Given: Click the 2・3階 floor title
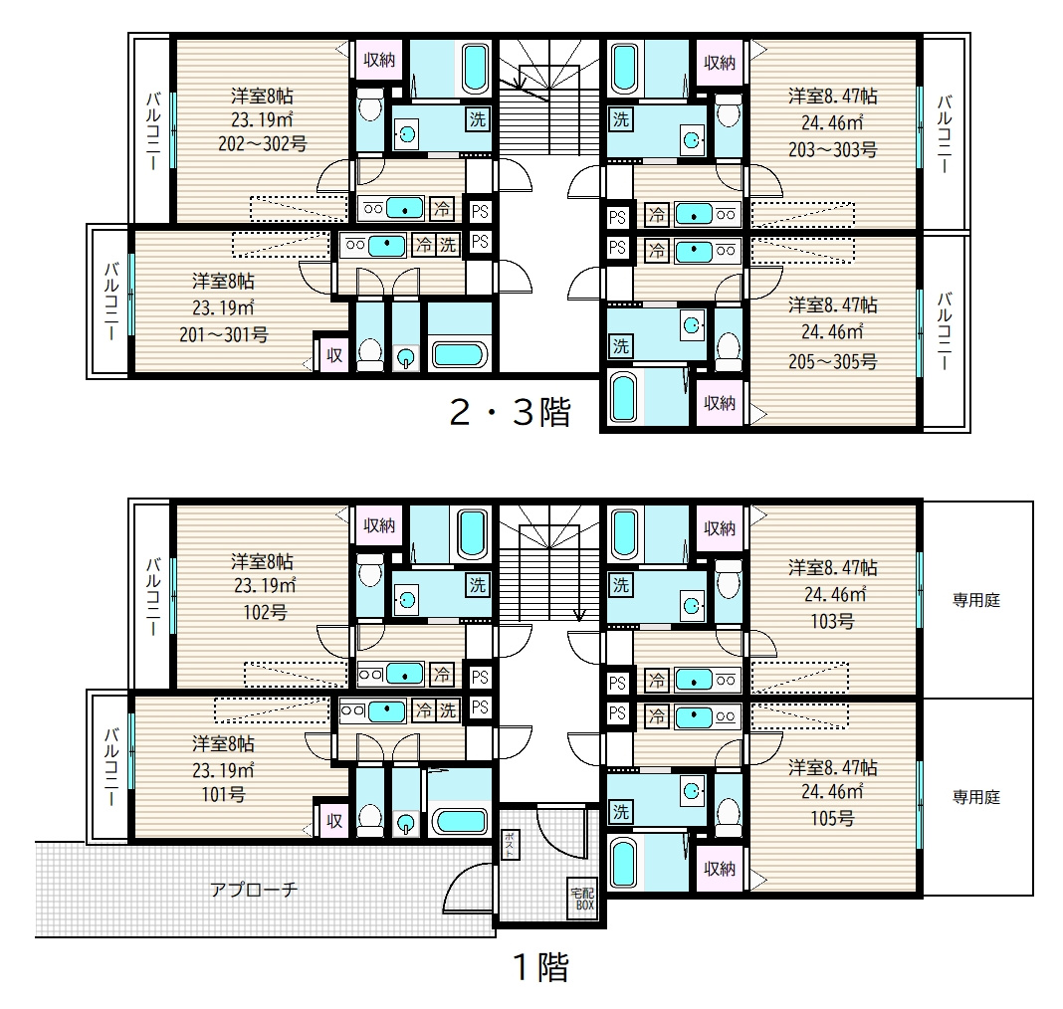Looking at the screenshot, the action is tap(511, 412).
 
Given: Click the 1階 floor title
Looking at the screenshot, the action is tap(541, 967).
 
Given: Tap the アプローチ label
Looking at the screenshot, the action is tap(254, 889).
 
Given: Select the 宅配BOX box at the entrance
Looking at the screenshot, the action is tap(583, 900).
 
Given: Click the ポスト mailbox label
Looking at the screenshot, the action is tap(510, 845).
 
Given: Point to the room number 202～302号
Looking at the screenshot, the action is tap(263, 144).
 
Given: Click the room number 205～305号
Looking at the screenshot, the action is tap(832, 362).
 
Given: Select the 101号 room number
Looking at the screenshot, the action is tap(223, 794).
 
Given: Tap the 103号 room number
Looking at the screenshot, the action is tap(832, 621).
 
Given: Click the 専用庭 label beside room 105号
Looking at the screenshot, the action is tap(976, 798).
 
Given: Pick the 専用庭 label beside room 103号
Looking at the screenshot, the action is tap(976, 600).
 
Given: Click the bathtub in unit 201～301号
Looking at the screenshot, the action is tap(460, 354).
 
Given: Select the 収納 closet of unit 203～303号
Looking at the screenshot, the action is tap(720, 63).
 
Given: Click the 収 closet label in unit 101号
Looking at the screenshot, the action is tap(334, 821).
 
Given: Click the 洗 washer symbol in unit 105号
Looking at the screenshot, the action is tap(621, 811).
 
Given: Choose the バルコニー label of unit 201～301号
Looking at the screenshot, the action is tap(111, 302).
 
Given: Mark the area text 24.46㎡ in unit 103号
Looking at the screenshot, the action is tap(834, 595).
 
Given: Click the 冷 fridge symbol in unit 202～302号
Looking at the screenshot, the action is tap(442, 208).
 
